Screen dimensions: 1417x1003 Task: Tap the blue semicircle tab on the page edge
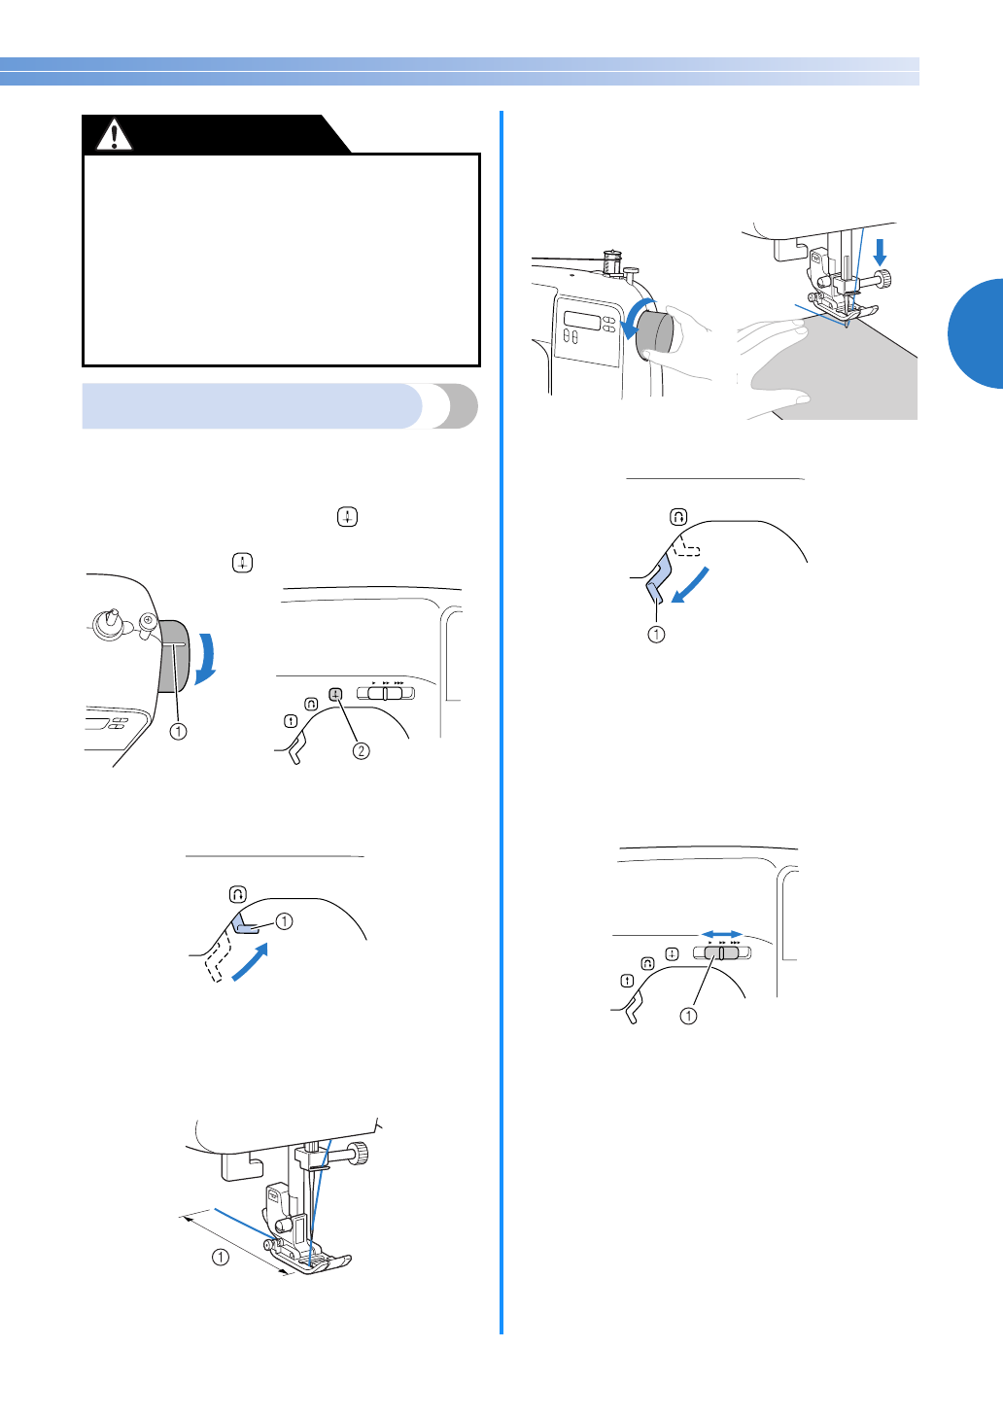(977, 333)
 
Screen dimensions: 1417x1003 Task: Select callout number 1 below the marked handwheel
(179, 731)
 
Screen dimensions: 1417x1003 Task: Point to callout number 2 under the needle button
(361, 750)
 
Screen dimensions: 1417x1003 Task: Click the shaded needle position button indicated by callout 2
(335, 694)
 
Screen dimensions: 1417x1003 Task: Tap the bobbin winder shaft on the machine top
(112, 618)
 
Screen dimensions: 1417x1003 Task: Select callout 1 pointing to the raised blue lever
(284, 920)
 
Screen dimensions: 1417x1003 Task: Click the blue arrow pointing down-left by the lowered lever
(691, 585)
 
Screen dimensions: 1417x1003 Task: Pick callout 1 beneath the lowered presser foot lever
(656, 635)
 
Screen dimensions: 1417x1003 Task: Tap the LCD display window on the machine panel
(582, 322)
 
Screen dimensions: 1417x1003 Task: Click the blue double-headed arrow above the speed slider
(721, 934)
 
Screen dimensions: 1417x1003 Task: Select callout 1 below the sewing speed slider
(688, 1016)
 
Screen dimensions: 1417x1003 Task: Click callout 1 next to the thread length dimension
(221, 1257)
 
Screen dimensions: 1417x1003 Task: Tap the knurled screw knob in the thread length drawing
(361, 1154)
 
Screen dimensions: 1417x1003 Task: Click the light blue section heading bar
(253, 406)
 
